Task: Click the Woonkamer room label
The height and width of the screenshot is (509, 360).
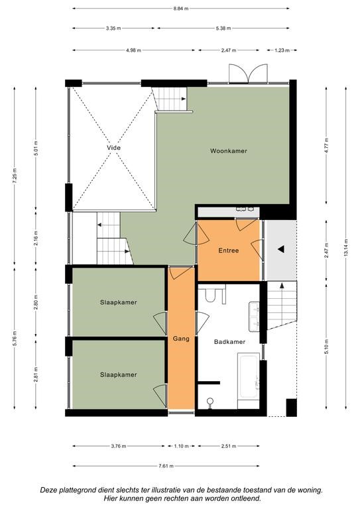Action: point(229,151)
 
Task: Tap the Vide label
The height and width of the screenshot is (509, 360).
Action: point(113,148)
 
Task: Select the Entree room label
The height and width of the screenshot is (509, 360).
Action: point(229,251)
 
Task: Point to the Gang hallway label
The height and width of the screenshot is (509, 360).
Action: point(181,339)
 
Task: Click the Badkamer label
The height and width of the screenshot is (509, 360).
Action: point(229,342)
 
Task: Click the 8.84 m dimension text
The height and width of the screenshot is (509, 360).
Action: point(181,9)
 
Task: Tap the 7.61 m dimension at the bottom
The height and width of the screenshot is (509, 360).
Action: point(166,466)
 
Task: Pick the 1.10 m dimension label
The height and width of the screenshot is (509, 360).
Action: point(181,446)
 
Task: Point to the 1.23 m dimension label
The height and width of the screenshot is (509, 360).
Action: point(282,50)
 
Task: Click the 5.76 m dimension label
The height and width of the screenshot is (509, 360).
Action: point(15,338)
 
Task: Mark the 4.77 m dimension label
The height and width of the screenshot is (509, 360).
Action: point(327,145)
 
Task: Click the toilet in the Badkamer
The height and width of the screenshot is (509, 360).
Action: point(210,294)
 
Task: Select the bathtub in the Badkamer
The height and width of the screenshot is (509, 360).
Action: point(249,376)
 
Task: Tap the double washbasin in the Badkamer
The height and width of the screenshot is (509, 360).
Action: point(254,317)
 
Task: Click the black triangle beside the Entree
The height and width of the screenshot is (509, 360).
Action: point(281,249)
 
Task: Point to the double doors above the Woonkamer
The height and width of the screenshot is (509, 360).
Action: point(249,74)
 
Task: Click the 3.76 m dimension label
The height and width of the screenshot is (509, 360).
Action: point(119,446)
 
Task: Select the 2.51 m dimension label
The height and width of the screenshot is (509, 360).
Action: point(229,446)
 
